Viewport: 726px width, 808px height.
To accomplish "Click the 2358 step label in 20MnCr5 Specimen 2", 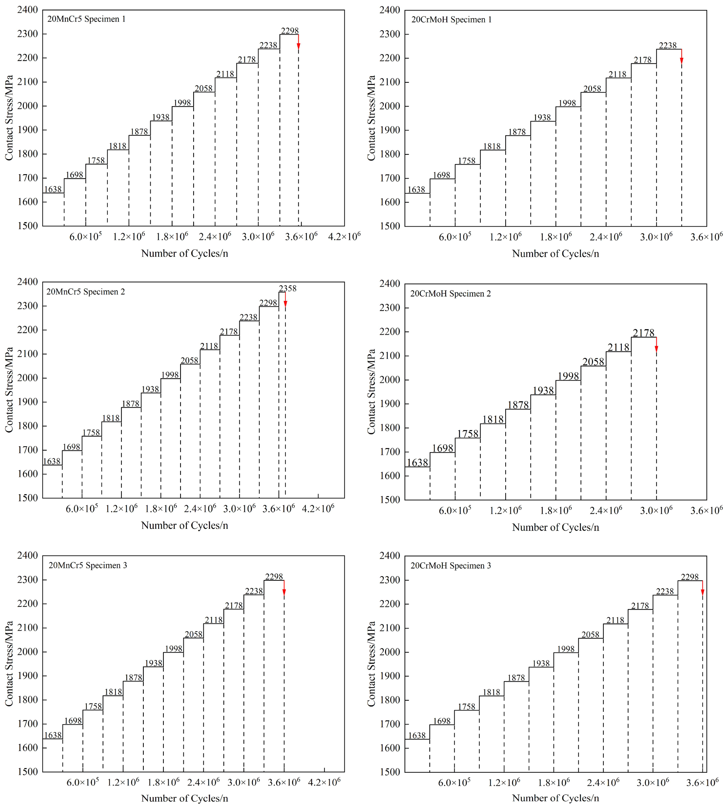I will tap(288, 288).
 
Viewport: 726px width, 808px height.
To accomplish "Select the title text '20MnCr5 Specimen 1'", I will tap(86, 19).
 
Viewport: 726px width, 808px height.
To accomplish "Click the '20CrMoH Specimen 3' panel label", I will tap(451, 566).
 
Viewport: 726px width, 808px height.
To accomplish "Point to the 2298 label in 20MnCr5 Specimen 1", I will tap(290, 31).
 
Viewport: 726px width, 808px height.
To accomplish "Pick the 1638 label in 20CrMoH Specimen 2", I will tap(417, 463).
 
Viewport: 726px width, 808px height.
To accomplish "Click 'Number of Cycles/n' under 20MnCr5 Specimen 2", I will tap(185, 525).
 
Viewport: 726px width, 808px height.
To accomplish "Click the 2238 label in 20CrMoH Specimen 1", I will tap(668, 46).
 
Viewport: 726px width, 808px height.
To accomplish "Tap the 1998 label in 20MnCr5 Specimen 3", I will tap(174, 649).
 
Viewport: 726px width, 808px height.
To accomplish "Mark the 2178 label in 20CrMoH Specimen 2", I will tap(644, 333).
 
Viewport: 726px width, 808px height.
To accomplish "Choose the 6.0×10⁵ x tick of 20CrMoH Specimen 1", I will tap(455, 237).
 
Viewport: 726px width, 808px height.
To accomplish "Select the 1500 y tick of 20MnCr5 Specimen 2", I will tap(28, 498).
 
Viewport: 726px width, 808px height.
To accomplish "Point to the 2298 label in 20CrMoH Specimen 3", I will tap(690, 577).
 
